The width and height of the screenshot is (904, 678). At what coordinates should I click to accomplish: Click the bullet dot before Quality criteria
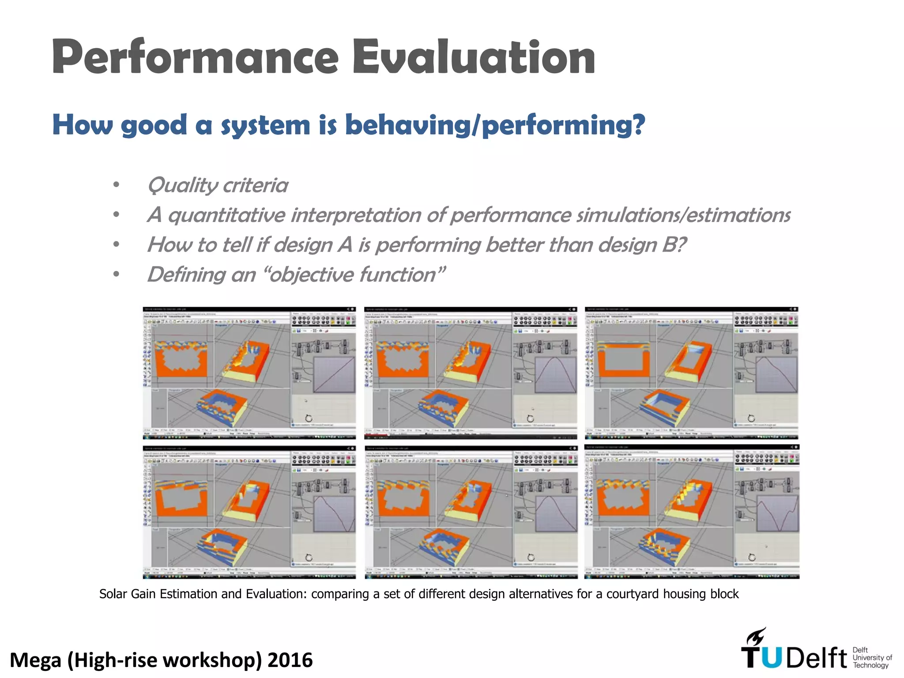116,185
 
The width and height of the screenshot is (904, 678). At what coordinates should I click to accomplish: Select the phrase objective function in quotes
353,275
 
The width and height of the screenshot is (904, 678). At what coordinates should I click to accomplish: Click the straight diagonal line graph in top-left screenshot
334,374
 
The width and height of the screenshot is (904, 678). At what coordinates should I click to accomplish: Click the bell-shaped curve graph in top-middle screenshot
555,374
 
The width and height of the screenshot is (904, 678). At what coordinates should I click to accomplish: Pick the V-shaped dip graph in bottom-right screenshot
778,513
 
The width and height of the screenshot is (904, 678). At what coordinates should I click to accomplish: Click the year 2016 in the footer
290,660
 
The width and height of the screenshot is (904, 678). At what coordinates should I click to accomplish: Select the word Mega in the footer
35,660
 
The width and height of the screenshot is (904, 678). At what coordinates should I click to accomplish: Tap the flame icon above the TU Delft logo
756,637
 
